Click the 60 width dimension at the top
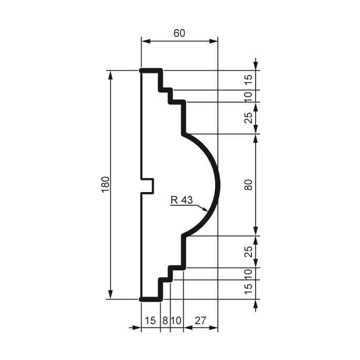(179, 33)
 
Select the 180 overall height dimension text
(105, 185)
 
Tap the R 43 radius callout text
(182, 199)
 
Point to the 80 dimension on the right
(249, 185)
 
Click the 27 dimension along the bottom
(200, 320)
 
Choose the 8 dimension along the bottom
(165, 320)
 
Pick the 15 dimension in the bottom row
(150, 320)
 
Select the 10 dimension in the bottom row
(176, 320)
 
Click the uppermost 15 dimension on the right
(249, 80)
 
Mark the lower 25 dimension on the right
(249, 251)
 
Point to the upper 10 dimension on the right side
(249, 96)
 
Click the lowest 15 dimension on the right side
(249, 289)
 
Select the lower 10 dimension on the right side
(249, 273)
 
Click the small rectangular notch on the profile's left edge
(148, 185)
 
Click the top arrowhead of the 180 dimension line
(111, 74)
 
